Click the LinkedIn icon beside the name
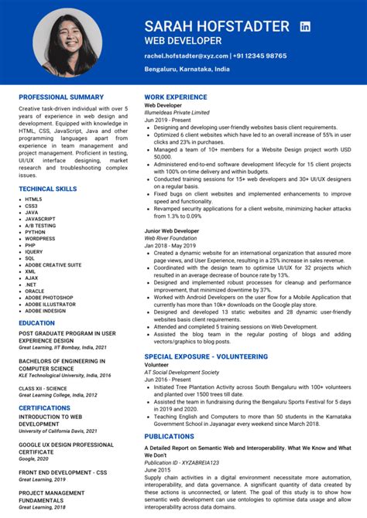pyautogui.click(x=305, y=26)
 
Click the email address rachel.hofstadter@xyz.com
pyautogui.click(x=185, y=56)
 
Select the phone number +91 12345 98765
pyautogui.click(x=261, y=56)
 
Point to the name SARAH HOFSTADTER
pyautogui.click(x=217, y=26)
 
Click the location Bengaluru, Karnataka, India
pyautogui.click(x=187, y=70)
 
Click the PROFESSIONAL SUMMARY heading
pyautogui.click(x=61, y=97)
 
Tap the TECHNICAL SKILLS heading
pyautogui.click(x=48, y=189)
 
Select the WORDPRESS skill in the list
pyautogui.click(x=40, y=239)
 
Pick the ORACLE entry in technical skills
pyautogui.click(x=35, y=291)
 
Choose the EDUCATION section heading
pyautogui.click(x=37, y=323)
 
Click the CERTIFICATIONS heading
pyautogui.click(x=45, y=407)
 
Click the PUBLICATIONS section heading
pyautogui.click(x=169, y=436)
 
